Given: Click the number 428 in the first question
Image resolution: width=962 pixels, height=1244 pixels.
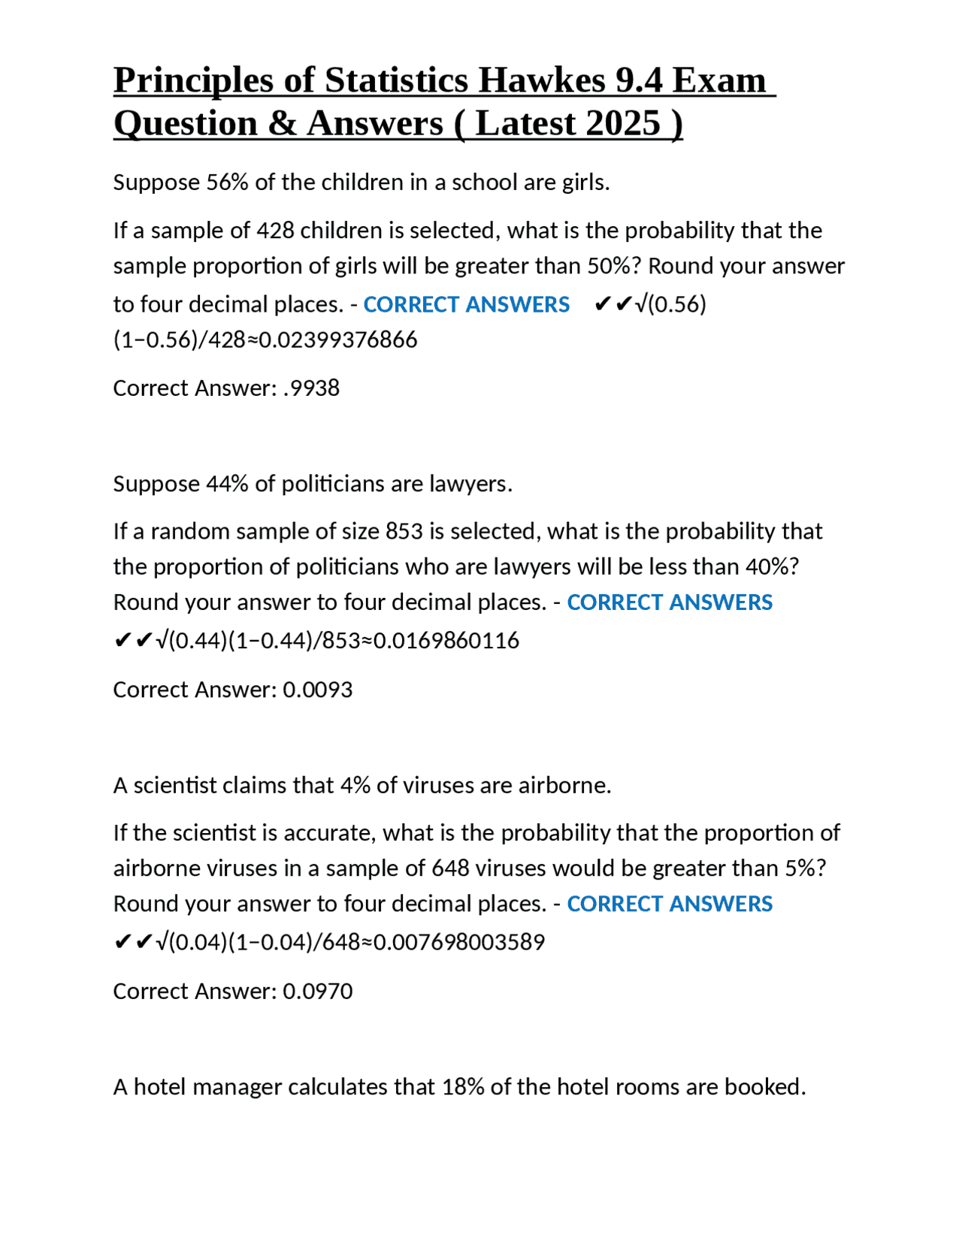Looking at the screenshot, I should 275,230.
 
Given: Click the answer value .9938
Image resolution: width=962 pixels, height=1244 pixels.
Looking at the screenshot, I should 311,388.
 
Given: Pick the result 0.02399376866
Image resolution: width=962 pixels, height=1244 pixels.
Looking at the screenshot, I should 338,340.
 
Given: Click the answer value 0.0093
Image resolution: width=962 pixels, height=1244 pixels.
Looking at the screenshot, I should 317,690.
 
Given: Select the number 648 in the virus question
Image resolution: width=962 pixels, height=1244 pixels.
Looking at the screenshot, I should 450,868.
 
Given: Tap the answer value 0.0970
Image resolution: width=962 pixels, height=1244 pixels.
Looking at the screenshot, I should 317,992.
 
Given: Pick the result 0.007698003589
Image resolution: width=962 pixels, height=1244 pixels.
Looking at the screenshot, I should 459,942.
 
